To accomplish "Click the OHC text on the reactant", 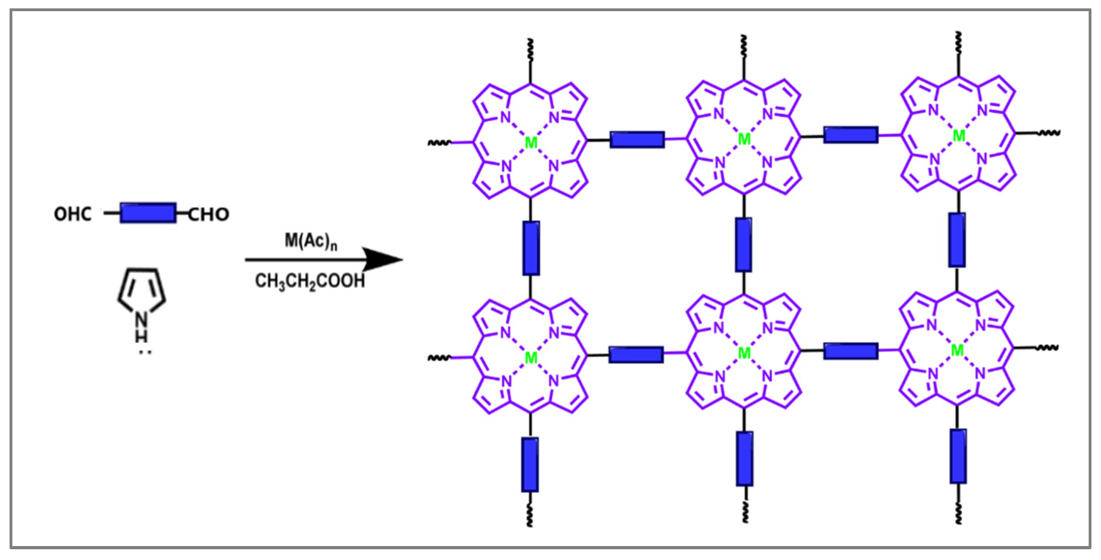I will (73, 214).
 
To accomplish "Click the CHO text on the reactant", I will (208, 214).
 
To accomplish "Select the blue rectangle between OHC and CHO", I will (148, 213).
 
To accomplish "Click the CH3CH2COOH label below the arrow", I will (310, 281).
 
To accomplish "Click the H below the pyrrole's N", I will (141, 336).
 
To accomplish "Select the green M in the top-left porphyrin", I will (531, 143).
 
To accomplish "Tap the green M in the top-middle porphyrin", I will (744, 139).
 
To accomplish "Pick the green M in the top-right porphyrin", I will (959, 136).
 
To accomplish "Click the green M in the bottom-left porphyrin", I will (531, 358).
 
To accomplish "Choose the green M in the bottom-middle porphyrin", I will (744, 353).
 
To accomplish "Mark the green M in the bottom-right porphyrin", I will (958, 350).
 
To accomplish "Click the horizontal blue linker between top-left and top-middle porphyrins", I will (637, 140).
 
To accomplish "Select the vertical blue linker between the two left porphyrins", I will (531, 248).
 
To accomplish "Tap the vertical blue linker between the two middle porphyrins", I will (744, 244).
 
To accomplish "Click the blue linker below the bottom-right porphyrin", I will (958, 456).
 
